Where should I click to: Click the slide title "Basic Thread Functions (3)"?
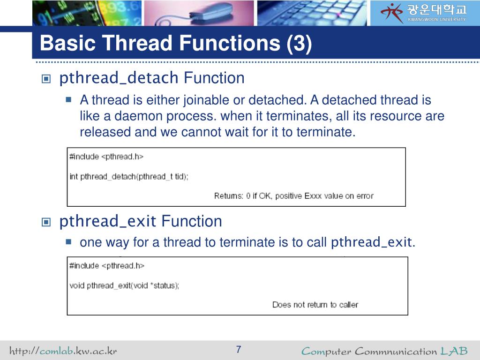175,44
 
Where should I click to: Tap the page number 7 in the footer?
239,350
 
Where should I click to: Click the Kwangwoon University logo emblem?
391,12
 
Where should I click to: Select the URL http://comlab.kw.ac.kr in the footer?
63,351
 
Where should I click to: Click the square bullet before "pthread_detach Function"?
45,79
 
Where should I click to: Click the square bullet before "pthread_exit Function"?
45,222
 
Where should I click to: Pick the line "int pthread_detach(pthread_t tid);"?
129,177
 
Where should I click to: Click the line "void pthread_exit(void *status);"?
124,285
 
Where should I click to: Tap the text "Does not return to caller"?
315,305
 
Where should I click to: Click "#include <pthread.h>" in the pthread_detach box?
106,157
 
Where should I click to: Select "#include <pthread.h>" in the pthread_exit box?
107,265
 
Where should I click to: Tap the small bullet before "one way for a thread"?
68,242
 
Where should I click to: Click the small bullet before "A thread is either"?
68,100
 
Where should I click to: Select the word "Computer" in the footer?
326,351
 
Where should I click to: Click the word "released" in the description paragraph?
105,132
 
